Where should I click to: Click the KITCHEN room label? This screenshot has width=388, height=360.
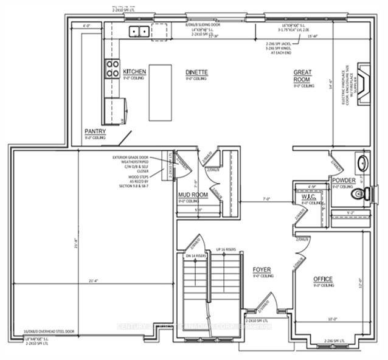pyautogui.click(x=134, y=72)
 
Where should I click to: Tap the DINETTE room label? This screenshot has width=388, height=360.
pyautogui.click(x=196, y=72)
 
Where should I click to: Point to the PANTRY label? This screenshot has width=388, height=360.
pyautogui.click(x=95, y=131)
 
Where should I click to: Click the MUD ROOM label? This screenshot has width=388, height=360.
pyautogui.click(x=192, y=195)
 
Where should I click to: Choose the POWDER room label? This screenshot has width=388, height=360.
pyautogui.click(x=343, y=181)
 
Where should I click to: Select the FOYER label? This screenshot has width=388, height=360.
pyautogui.click(x=262, y=269)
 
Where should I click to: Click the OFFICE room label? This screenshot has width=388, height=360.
pyautogui.click(x=324, y=279)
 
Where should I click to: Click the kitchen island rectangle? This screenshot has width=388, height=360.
pyautogui.click(x=160, y=93)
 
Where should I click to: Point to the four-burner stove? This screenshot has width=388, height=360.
pyautogui.click(x=113, y=68)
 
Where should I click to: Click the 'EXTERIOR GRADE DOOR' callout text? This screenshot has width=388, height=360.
pyautogui.click(x=134, y=158)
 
